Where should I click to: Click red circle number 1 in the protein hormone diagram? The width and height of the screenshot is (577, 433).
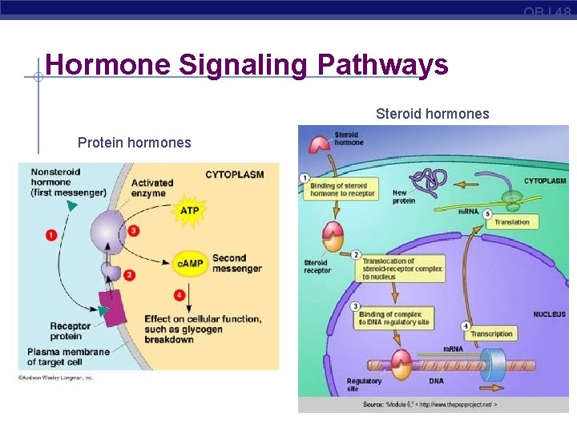[51, 235]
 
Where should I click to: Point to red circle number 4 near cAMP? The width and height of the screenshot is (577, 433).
[180, 295]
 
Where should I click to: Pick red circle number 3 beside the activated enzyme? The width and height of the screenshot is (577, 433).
[134, 231]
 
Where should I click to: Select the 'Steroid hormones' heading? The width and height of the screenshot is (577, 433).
[432, 114]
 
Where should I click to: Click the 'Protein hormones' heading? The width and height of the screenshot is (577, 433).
[134, 143]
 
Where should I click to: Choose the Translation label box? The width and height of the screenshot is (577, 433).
[512, 222]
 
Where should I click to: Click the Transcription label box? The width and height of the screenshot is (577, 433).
[491, 334]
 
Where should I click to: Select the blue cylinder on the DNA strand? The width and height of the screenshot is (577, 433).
[490, 366]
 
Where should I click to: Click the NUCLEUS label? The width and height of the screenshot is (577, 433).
[549, 314]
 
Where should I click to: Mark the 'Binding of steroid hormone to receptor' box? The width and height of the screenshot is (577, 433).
[342, 190]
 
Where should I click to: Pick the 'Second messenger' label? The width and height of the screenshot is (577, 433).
[237, 263]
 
